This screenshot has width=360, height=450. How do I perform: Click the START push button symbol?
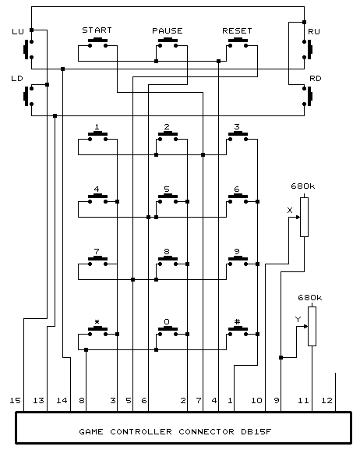point(98,42)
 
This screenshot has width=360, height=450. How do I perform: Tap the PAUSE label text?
point(168,30)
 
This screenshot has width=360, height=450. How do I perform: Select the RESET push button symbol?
point(238,42)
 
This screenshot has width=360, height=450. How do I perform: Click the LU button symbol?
point(28,49)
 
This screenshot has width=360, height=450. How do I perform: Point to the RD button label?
point(316,78)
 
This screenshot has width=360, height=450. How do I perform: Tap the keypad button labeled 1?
point(98,136)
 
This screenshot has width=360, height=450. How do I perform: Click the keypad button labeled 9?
point(238,260)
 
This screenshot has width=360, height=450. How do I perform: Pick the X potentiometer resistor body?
point(305,217)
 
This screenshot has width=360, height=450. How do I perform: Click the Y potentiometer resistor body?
point(312,326)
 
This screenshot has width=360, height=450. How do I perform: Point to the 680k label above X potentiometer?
point(303,186)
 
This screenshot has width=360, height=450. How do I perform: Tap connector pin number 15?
point(16,400)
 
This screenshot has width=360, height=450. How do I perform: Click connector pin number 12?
point(326,400)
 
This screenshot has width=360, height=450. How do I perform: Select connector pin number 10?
point(256,400)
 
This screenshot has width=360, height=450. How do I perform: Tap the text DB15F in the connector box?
point(256,431)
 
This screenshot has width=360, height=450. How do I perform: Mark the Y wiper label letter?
point(298,319)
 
